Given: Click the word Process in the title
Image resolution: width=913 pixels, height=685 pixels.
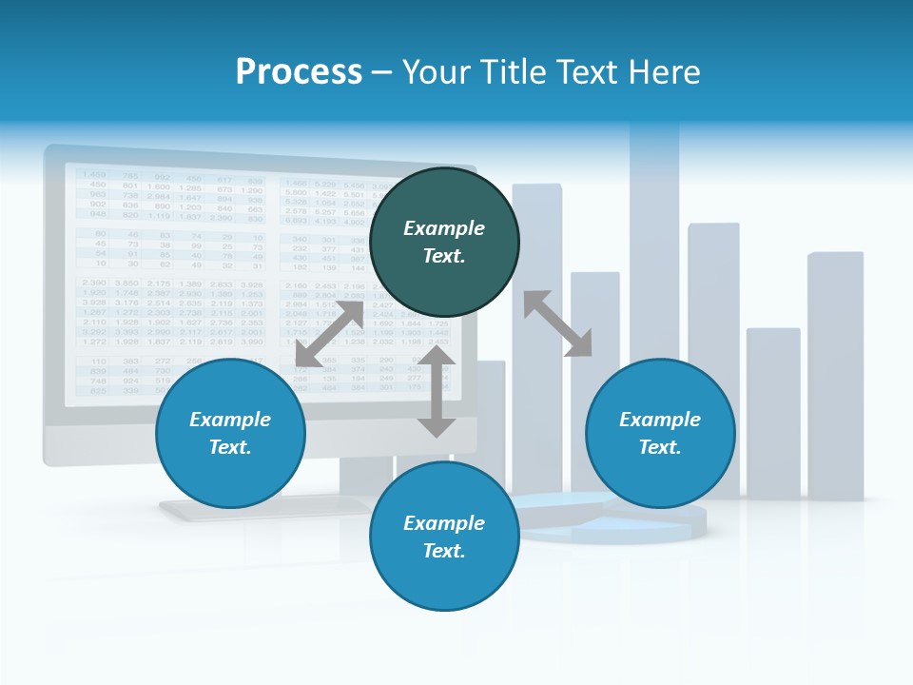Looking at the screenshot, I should tap(299, 72).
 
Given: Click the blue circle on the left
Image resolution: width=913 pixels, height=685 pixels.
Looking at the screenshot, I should tap(230, 433).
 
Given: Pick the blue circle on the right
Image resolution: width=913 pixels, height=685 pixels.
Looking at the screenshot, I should tap(660, 433).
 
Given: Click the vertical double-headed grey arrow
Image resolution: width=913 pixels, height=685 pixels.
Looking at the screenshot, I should tap(437, 391).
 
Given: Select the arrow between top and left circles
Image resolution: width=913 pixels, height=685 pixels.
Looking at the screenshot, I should tap(329, 334).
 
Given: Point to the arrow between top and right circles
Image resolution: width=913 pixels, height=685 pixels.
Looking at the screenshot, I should tap(557, 323).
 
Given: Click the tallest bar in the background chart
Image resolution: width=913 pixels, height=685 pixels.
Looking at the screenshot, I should tap(654, 238).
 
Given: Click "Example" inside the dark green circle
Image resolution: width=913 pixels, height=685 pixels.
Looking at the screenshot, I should tap(444, 228).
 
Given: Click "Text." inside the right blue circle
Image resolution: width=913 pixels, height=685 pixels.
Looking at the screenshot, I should tap(660, 447).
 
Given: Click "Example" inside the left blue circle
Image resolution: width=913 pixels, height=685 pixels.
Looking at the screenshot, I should tap(230, 420).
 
